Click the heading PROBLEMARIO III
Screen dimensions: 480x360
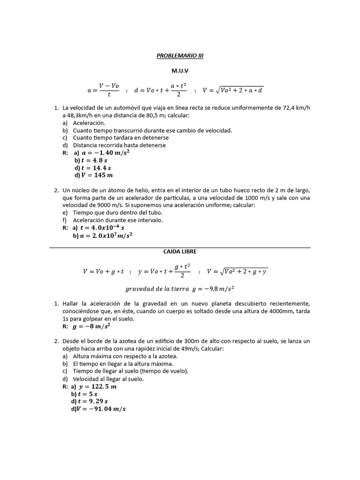(x=180, y=55)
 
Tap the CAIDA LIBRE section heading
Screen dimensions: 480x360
(x=180, y=252)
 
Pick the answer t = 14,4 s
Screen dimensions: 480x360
(x=97, y=168)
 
